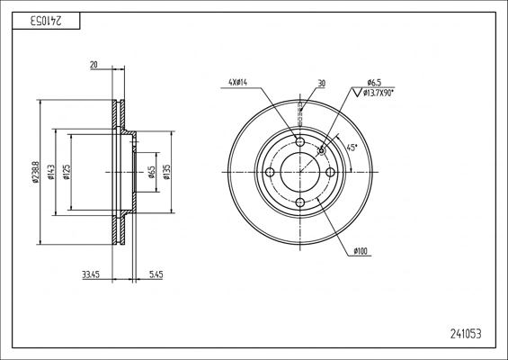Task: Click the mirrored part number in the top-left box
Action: pos(46,21)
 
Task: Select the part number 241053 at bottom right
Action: pos(466,334)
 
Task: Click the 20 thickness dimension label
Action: pos(94,65)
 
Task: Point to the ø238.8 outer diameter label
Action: pos(36,172)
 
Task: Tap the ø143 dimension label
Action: pos(51,172)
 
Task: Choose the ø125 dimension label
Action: pos(67,172)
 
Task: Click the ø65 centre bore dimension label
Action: pos(151,172)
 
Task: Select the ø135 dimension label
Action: pos(167,172)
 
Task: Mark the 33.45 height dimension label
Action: pos(91,275)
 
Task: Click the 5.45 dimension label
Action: pos(156,275)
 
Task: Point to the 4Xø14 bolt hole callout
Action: pos(238,83)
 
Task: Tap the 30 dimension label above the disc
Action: pos(321,84)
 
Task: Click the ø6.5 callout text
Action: pos(374,83)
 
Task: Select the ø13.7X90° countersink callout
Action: pos(378,93)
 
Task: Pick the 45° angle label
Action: pos(352,148)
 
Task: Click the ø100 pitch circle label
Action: pos(361,251)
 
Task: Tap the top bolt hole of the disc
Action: pos(300,141)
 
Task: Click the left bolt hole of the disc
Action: pos(270,172)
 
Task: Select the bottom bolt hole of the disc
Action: pos(300,202)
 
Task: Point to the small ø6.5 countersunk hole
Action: pos(321,151)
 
